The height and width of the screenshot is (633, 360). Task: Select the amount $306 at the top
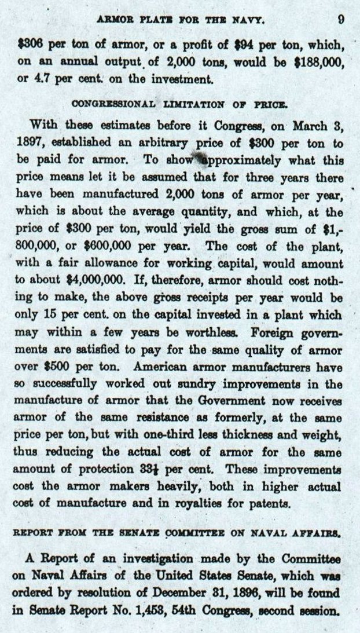click(29, 43)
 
